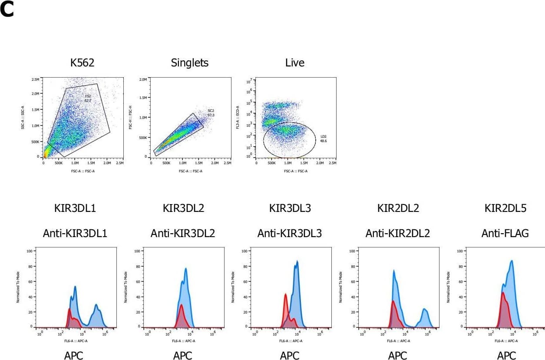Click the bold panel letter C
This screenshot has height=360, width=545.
click(x=7, y=10)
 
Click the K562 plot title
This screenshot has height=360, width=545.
click(x=82, y=63)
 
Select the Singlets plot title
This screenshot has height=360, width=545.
click(x=190, y=63)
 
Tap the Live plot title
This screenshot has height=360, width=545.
click(x=295, y=63)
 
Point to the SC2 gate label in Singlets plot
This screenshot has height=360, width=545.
click(x=211, y=112)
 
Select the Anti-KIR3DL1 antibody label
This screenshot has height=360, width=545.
click(x=75, y=234)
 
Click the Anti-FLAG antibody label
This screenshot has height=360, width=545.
click(x=505, y=234)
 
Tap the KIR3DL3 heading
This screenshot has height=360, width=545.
click(x=290, y=208)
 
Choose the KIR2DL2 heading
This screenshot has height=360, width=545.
click(x=398, y=208)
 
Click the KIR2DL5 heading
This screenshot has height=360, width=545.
click(x=505, y=208)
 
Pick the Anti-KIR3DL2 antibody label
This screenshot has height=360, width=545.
click(x=183, y=234)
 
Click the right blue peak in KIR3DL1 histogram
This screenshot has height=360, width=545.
click(x=97, y=307)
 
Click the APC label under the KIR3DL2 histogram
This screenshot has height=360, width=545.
click(x=183, y=356)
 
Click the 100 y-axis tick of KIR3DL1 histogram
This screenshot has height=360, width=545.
click(x=30, y=251)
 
